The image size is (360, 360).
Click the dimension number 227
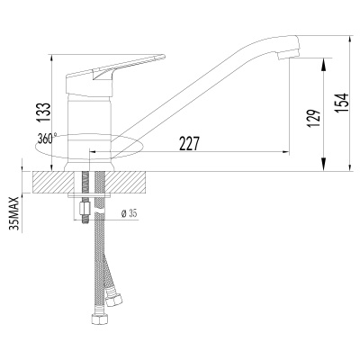click(187, 144)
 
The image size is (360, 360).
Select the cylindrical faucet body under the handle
click(90, 117)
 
